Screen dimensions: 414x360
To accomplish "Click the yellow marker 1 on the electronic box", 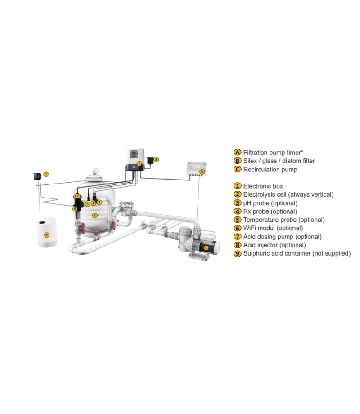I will [x=139, y=163].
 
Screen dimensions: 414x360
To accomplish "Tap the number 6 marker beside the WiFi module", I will [x=157, y=159].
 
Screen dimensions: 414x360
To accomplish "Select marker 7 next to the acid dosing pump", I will [x=46, y=174].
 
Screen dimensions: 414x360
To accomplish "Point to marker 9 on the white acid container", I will [x=46, y=234].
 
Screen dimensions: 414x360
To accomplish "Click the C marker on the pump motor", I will [x=206, y=247].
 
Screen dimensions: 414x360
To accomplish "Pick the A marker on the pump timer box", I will [x=202, y=171].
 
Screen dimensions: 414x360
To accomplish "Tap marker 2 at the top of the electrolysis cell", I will [x=78, y=196].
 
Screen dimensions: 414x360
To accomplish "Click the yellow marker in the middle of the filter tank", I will [x=94, y=215].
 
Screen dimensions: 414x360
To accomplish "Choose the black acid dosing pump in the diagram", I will [x=37, y=175].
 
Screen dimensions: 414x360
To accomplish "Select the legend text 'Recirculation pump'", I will [x=270, y=170].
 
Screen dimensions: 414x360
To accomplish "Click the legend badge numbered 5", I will [x=238, y=220].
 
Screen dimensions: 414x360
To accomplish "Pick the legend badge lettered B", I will [x=238, y=161].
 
